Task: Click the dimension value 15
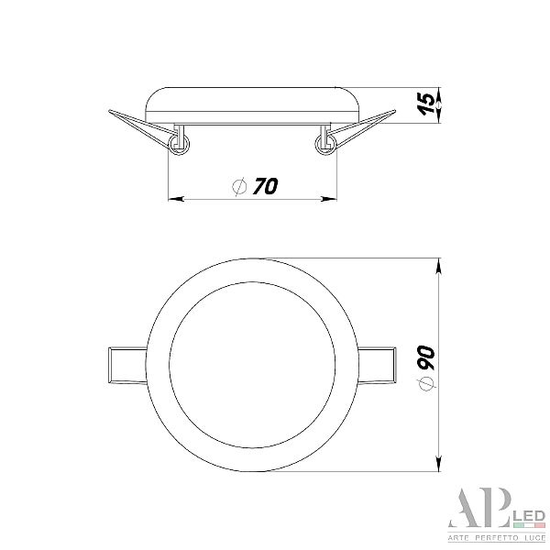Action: [x=427, y=104]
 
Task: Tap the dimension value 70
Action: [x=266, y=186]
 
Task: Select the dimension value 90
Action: [x=426, y=357]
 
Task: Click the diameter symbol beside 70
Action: [x=240, y=186]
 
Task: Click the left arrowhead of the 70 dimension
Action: [x=176, y=199]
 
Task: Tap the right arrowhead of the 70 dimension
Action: [x=329, y=199]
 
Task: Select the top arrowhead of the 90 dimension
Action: [x=438, y=266]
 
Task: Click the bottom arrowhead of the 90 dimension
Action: [x=438, y=464]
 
